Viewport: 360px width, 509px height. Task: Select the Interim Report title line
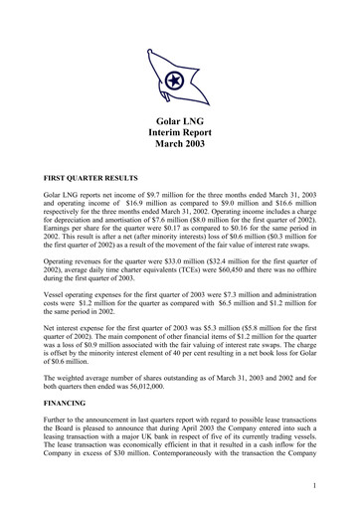pyautogui.click(x=180, y=131)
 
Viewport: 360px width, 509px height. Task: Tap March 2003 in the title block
pyautogui.click(x=180, y=144)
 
